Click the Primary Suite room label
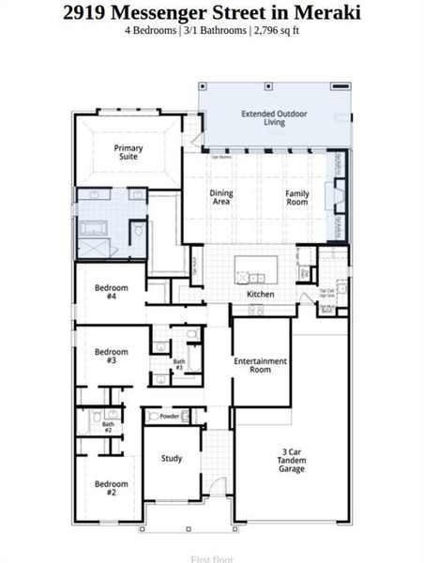[x=128, y=152]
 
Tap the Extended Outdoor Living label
[x=275, y=117]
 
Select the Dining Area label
[x=221, y=197]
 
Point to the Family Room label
[x=297, y=197]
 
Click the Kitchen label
[x=260, y=294]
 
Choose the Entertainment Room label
[x=261, y=365]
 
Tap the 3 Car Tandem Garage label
[x=291, y=460]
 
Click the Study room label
[x=171, y=459]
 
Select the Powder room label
[x=170, y=416]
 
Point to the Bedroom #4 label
[x=111, y=292]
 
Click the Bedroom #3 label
[x=111, y=356]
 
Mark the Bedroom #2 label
[x=111, y=488]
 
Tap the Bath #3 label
[x=178, y=364]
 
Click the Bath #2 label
[x=108, y=427]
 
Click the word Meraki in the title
[x=327, y=13]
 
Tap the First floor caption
[x=211, y=558]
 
